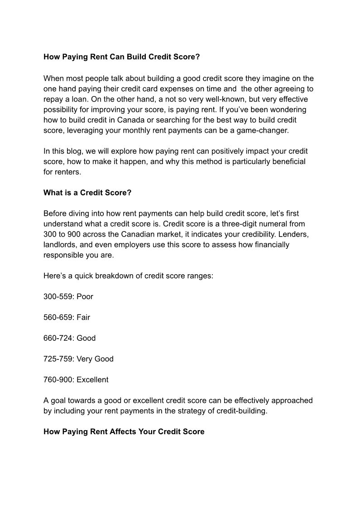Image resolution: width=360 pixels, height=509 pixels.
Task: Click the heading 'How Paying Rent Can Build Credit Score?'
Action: click(x=121, y=58)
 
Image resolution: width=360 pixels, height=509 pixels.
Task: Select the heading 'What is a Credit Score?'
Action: click(x=87, y=193)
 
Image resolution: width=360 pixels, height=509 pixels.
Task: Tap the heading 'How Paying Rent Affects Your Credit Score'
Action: click(x=124, y=431)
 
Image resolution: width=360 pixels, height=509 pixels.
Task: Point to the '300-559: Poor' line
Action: click(x=68, y=296)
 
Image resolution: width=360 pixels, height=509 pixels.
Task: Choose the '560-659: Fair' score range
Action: click(x=67, y=317)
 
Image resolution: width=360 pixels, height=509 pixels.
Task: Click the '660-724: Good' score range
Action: click(x=69, y=338)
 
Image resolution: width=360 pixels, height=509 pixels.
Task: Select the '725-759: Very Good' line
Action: click(x=78, y=359)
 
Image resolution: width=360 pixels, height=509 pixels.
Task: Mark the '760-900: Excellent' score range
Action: click(x=76, y=380)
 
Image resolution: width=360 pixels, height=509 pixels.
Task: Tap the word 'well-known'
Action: click(x=224, y=99)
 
